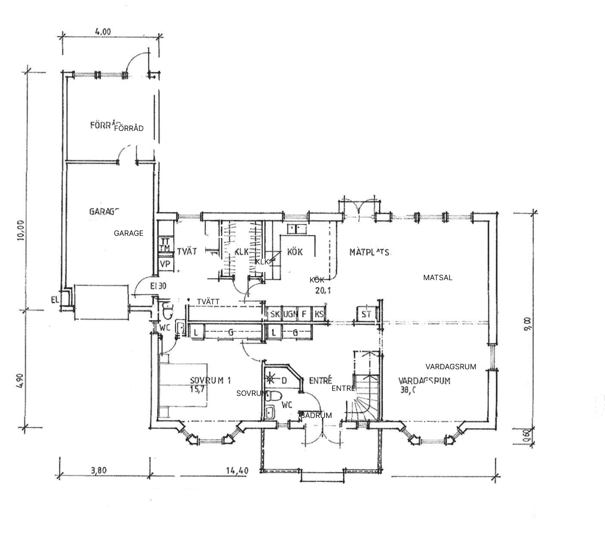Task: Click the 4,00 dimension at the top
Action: click(103, 31)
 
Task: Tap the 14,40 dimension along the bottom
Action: click(237, 470)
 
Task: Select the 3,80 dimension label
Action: click(98, 470)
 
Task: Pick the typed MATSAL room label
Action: click(437, 278)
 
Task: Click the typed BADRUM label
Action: click(316, 415)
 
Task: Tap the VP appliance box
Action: click(165, 264)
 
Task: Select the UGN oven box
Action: click(290, 314)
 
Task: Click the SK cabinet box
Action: click(274, 314)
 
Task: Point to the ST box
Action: click(366, 314)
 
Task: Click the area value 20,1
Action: click(323, 290)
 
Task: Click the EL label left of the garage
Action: click(55, 299)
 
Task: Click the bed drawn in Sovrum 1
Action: click(183, 385)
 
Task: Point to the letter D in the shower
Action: click(284, 380)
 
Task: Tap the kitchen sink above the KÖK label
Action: click(297, 228)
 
